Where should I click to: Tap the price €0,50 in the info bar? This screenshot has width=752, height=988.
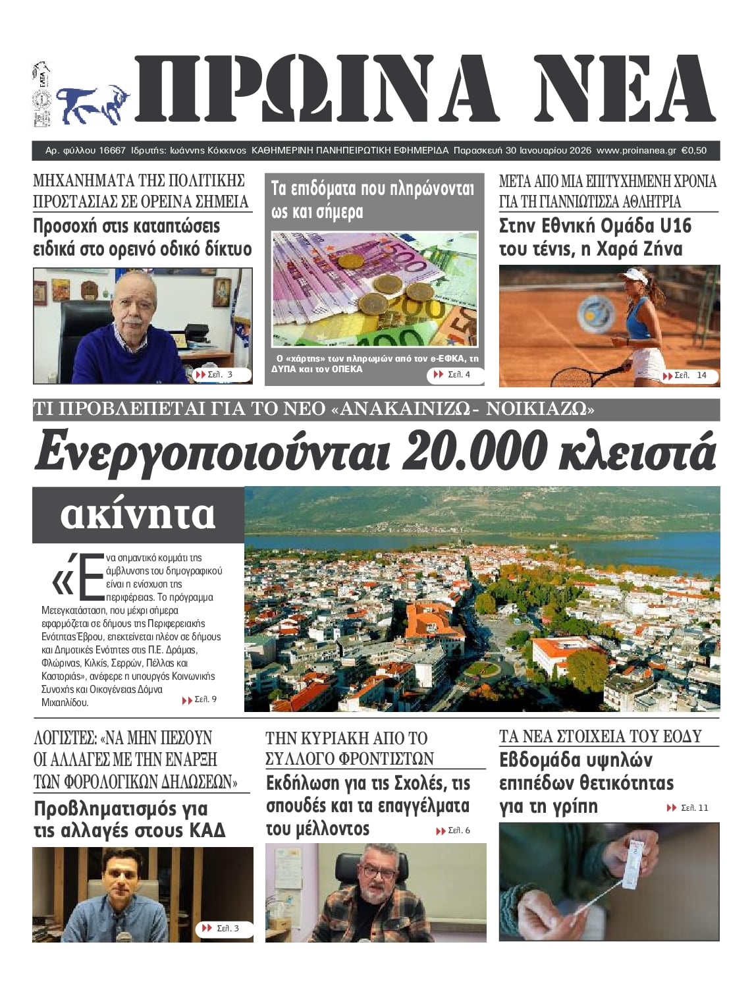click(x=693, y=151)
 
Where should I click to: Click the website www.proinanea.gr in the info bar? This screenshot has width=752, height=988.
click(x=636, y=151)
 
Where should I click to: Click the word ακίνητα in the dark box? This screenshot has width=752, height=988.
click(x=138, y=514)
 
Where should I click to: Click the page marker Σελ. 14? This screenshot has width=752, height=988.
click(x=690, y=375)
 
